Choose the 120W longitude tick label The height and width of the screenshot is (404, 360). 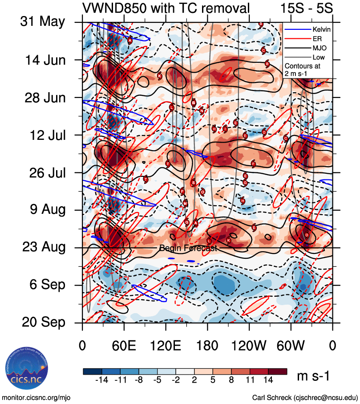point(249,345)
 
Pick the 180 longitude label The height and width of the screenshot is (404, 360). point(207,345)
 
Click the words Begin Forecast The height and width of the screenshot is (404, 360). point(188,248)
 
